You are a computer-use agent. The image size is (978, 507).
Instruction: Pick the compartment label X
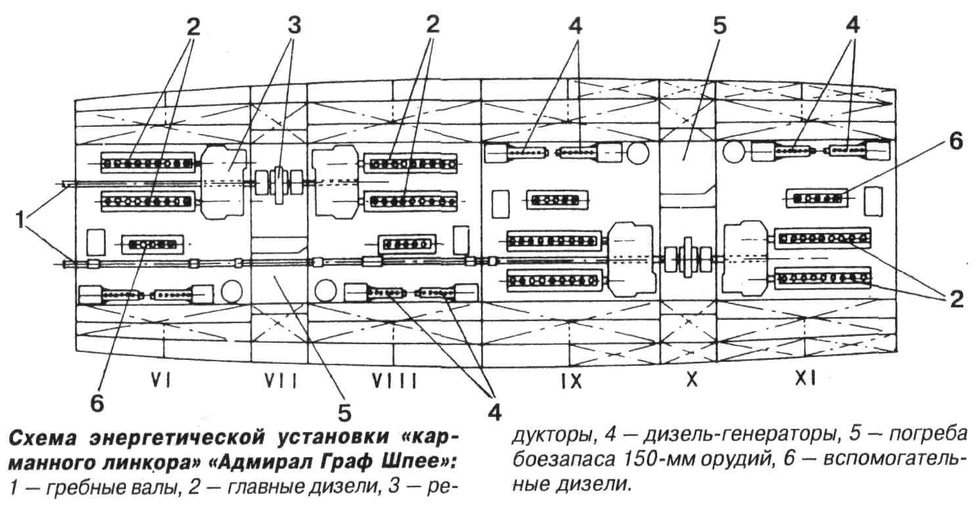(x=691, y=380)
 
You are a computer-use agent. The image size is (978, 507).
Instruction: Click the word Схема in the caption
(x=42, y=437)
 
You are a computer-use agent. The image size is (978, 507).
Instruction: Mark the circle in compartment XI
(x=733, y=152)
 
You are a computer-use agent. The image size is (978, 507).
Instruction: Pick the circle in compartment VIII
(x=325, y=290)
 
